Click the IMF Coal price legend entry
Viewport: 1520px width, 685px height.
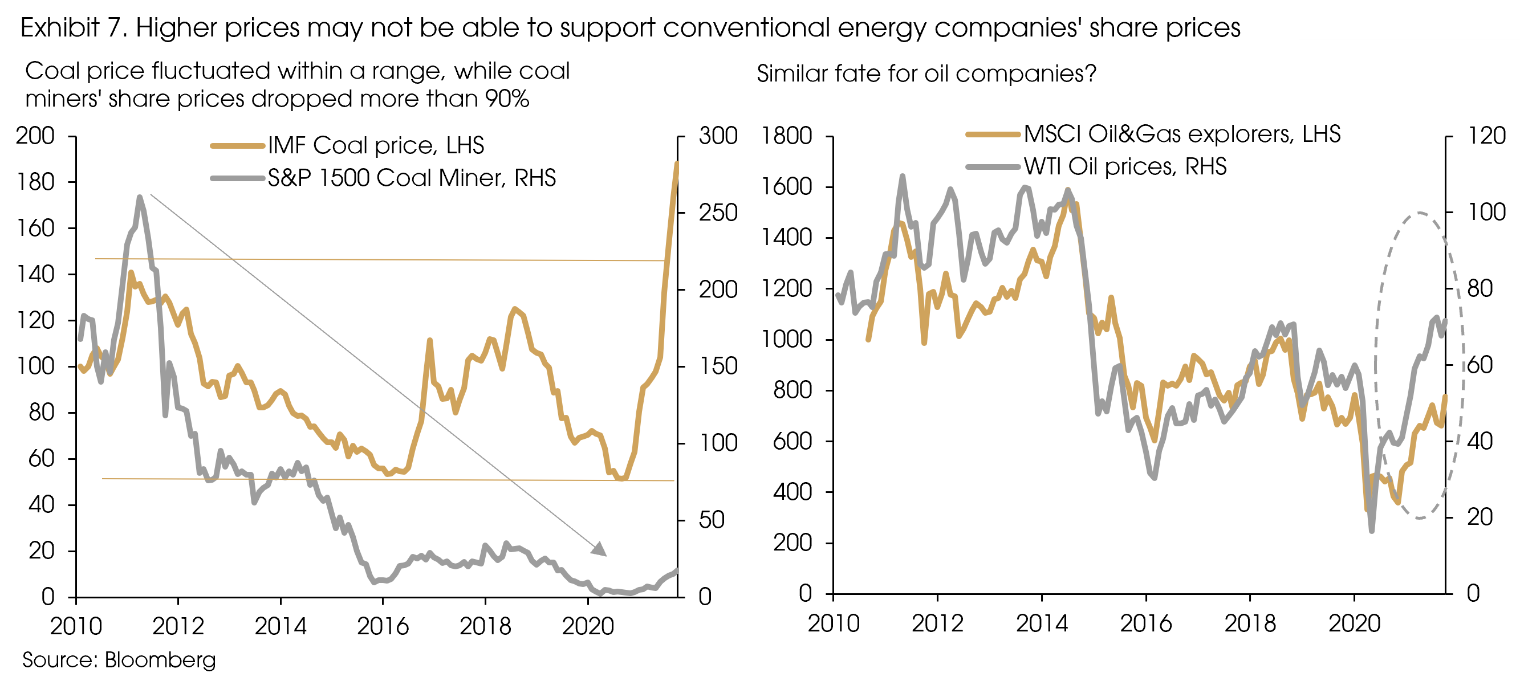(375, 146)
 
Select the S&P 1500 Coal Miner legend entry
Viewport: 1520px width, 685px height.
(411, 178)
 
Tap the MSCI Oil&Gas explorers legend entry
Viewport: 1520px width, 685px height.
(1181, 134)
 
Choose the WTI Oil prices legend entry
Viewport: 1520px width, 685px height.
(1125, 166)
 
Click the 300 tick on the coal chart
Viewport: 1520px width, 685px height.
(717, 136)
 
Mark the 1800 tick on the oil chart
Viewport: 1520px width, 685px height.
(787, 136)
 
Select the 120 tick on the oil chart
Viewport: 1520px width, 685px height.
(1486, 136)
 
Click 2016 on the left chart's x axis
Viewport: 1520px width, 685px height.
(383, 626)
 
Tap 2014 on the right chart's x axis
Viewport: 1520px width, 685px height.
(1042, 623)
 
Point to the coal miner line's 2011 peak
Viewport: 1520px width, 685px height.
(139, 197)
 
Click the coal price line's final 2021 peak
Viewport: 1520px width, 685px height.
(677, 163)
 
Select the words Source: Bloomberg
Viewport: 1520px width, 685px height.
(119, 659)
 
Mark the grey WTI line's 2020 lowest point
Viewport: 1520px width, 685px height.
(1371, 531)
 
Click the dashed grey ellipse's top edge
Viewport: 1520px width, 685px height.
(1419, 213)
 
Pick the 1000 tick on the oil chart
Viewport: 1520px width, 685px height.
(787, 340)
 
